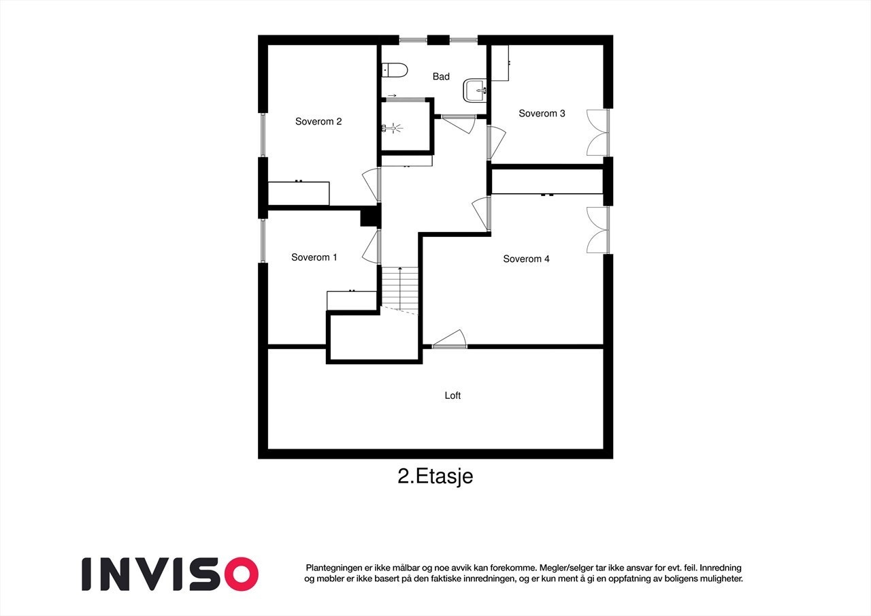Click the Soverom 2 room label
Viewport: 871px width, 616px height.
click(318, 122)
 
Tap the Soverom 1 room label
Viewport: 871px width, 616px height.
click(314, 257)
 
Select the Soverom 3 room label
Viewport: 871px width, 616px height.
click(542, 114)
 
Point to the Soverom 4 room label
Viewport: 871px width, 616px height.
click(526, 259)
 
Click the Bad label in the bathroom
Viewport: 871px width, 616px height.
click(441, 77)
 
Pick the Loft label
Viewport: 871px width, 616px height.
click(453, 395)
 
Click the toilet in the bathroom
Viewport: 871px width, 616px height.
click(394, 69)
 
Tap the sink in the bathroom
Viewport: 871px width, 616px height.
click(475, 89)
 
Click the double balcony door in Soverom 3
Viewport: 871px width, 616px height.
click(597, 132)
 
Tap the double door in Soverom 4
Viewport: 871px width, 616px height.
click(597, 230)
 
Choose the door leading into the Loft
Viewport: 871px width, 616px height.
click(449, 340)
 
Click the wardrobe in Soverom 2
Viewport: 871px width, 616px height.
click(299, 193)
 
